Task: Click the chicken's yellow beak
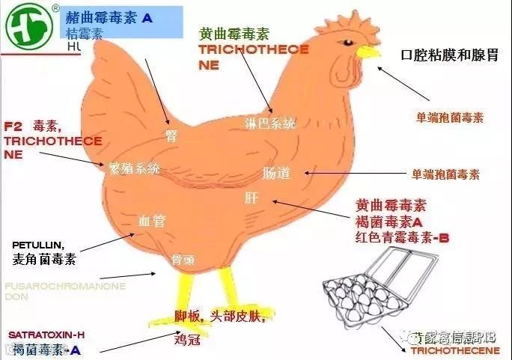click(366, 52)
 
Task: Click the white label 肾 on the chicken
click(171, 135)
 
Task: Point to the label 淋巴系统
click(270, 123)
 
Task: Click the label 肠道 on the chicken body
click(276, 174)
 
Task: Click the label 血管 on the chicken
click(152, 221)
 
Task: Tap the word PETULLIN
click(38, 245)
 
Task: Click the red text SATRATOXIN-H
click(47, 335)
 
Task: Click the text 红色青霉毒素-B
click(402, 239)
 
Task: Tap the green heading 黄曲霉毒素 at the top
click(234, 34)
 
